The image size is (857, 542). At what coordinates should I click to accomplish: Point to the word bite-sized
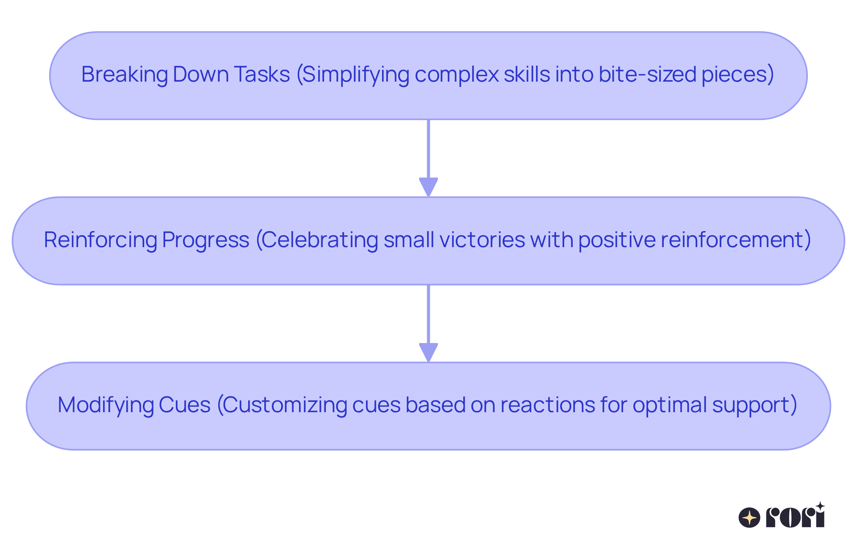pyautogui.click(x=648, y=74)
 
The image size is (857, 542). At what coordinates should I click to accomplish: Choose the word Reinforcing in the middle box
pyautogui.click(x=100, y=240)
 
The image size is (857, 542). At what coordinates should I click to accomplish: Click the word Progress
pyautogui.click(x=205, y=240)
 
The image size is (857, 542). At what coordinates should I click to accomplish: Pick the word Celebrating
pyautogui.click(x=319, y=240)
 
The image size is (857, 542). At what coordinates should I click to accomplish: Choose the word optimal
pyautogui.click(x=670, y=405)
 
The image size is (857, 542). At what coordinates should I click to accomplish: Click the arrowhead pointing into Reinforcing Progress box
pyautogui.click(x=428, y=186)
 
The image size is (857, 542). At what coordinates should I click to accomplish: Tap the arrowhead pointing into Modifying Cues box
pyautogui.click(x=428, y=352)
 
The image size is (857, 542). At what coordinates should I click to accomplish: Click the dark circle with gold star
pyautogui.click(x=749, y=518)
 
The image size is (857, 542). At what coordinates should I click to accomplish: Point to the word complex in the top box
pyautogui.click(x=457, y=74)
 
